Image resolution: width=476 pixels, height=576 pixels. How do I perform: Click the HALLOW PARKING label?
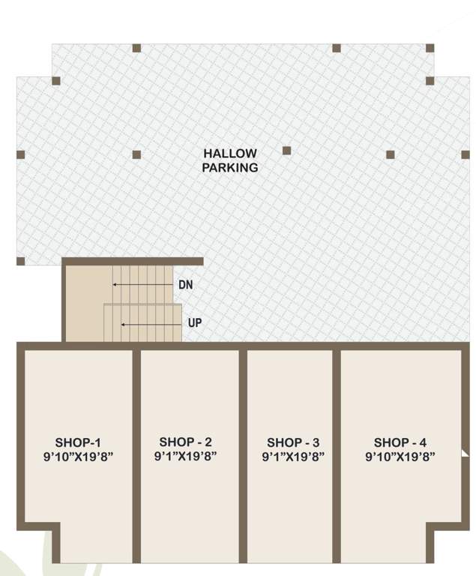[x=230, y=160]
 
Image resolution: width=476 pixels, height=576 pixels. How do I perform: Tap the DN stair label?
[x=186, y=285]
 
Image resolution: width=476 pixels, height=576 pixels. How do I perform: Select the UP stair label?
[x=194, y=323]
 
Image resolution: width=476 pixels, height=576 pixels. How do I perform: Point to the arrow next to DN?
[x=142, y=285]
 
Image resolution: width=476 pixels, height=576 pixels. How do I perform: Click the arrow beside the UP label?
[x=151, y=324]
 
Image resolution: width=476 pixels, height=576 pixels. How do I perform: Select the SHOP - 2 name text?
[x=185, y=442]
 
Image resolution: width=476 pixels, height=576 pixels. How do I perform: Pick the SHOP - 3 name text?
[x=293, y=442]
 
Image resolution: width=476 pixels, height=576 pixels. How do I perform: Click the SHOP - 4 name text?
[x=400, y=442]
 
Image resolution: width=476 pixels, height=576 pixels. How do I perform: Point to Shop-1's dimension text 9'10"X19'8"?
[x=78, y=456]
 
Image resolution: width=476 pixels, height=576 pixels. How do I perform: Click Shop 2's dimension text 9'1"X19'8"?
[x=185, y=456]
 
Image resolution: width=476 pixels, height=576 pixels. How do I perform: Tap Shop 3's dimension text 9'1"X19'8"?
[x=293, y=456]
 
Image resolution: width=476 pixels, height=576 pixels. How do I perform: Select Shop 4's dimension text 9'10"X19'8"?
[x=400, y=456]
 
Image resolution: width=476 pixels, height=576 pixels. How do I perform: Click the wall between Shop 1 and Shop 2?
[x=136, y=450]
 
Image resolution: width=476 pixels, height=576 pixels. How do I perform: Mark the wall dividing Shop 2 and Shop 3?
[x=243, y=450]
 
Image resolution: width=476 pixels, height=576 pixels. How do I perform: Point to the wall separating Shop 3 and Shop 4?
[x=337, y=450]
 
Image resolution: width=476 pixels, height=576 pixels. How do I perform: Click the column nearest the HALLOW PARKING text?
[x=286, y=150]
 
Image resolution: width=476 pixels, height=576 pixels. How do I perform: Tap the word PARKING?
[x=230, y=168]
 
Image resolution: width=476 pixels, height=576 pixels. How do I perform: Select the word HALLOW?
[x=230, y=153]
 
